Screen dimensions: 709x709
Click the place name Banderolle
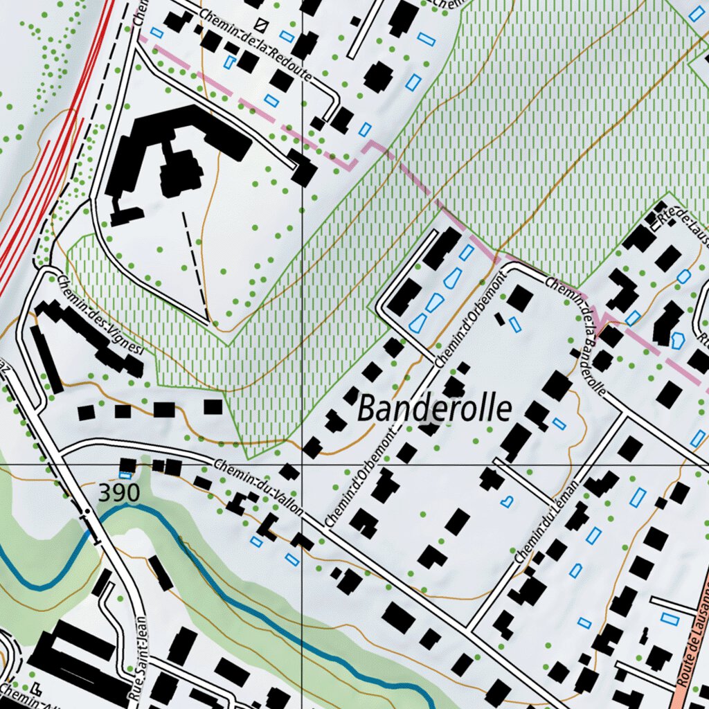pyautogui.click(x=435, y=409)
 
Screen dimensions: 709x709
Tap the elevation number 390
pyautogui.click(x=119, y=493)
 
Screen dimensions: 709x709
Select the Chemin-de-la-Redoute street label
pyautogui.click(x=256, y=43)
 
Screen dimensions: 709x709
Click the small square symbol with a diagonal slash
pyautogui.click(x=260, y=26)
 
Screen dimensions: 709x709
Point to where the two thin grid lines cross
pyautogui.click(x=302, y=463)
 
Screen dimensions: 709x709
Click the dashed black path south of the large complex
pyautogui.click(x=195, y=263)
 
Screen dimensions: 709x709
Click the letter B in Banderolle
pyautogui.click(x=366, y=409)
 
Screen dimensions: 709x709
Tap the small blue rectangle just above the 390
pyautogui.click(x=125, y=475)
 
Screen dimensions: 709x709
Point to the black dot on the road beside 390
pyautogui.click(x=87, y=512)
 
